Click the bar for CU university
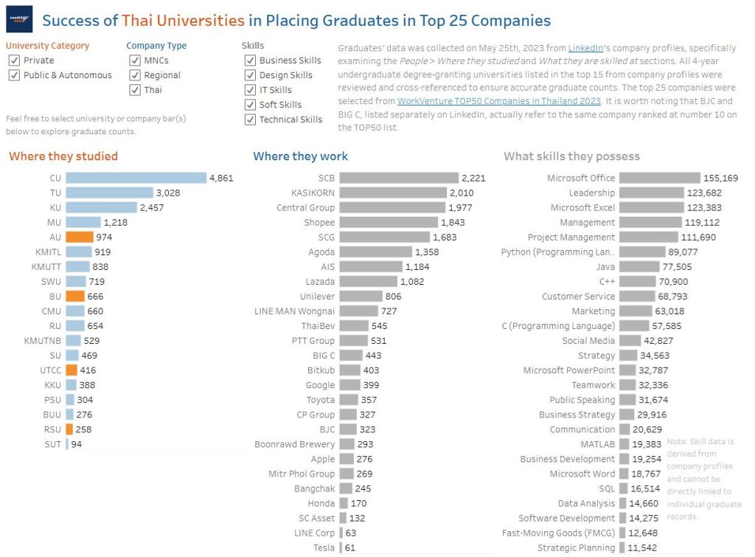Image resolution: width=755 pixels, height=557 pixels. pos(136,178)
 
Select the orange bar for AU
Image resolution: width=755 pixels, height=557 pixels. pos(79,237)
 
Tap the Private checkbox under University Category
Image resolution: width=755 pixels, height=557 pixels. pos(14,60)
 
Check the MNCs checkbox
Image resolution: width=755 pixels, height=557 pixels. pos(135,60)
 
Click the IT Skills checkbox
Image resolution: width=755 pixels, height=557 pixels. pos(250,90)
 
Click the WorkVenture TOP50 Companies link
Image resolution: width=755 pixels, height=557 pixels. pos(498,100)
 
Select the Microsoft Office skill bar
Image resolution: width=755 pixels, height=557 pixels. pos(659,178)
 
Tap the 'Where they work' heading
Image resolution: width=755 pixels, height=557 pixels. pos(300,156)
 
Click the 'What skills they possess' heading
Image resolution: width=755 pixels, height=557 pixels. pos(571,156)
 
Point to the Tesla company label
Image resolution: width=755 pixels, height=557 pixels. pos(324,547)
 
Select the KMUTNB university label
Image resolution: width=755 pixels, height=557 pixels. pos(43,340)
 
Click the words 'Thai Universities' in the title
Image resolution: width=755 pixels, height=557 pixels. pos(183,21)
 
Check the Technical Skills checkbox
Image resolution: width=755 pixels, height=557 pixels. pos(250,120)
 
